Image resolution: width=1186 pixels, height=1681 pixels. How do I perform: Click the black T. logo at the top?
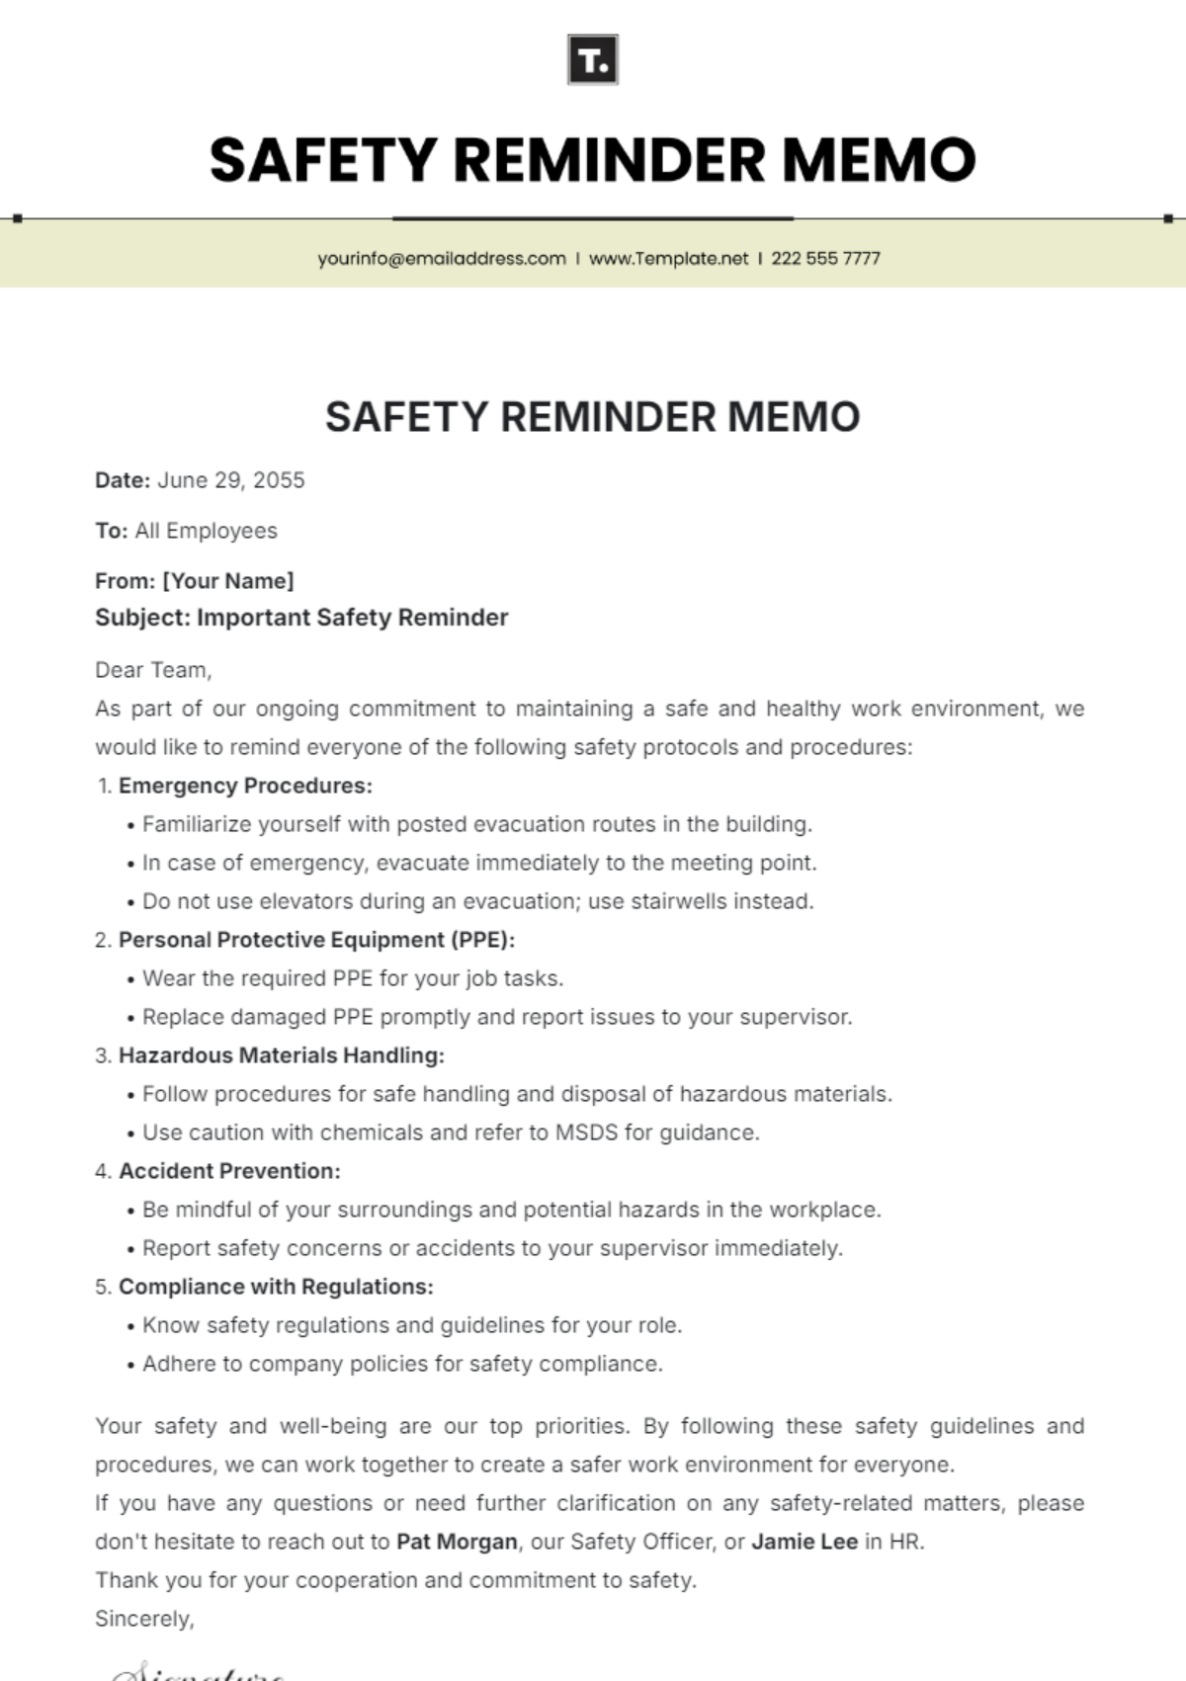593,60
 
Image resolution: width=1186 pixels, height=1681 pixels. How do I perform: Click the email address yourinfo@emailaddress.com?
441,259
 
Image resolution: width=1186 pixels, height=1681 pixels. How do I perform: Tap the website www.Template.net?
668,259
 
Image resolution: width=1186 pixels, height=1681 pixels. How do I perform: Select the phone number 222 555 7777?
825,259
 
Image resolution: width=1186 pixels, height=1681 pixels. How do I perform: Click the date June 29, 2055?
231,480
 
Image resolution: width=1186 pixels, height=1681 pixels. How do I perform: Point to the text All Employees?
206,531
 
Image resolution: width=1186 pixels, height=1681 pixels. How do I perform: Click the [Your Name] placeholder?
228,581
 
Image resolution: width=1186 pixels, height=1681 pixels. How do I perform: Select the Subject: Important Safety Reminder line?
301,618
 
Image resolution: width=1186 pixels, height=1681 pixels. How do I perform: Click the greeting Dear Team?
153,670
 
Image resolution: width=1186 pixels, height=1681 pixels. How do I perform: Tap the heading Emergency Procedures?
245,786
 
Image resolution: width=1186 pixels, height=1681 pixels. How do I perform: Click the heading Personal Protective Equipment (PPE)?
316,940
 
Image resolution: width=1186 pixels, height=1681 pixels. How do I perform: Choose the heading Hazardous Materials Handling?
281,1055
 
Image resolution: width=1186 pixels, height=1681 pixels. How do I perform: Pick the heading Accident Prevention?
229,1171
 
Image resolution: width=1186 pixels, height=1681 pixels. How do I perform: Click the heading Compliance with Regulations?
276,1287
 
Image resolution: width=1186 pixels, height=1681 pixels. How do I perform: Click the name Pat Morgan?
457,1542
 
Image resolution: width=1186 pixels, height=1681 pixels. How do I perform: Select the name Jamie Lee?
805,1542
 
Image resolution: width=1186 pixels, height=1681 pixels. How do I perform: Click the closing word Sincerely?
144,1619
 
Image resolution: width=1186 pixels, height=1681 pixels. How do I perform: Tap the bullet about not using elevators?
477,901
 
